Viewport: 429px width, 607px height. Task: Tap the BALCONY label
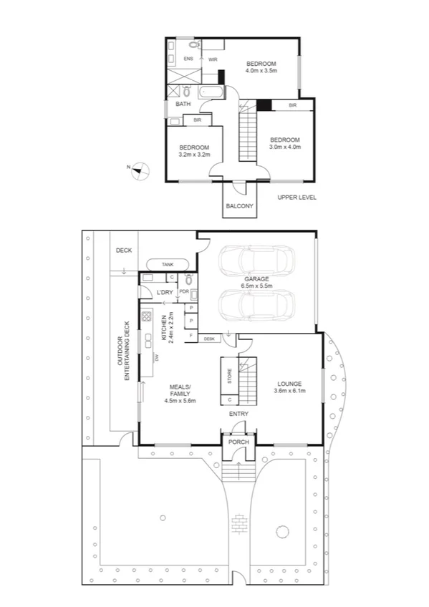coord(239,206)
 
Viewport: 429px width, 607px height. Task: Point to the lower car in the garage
coord(256,305)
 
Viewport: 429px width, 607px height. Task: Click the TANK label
coord(168,265)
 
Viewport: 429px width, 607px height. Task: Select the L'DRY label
coord(165,292)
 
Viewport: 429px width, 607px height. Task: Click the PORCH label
coord(238,442)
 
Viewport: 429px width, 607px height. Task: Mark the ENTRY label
coord(238,414)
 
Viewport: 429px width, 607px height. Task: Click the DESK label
coord(210,339)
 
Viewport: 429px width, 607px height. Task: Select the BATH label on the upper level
coord(183,105)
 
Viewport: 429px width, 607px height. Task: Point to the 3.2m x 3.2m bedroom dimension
coord(193,154)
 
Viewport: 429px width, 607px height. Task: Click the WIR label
coord(213,59)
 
